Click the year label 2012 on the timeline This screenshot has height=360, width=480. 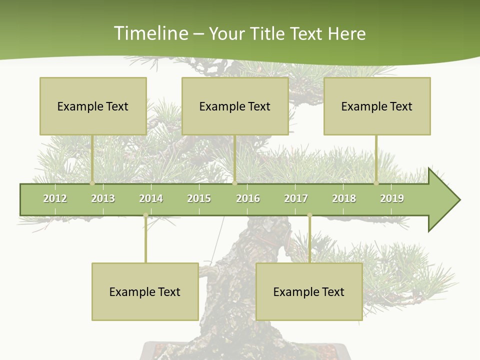click(55, 198)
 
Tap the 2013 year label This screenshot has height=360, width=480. click(103, 198)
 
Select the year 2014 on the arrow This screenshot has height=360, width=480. click(151, 198)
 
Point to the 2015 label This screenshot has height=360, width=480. click(199, 198)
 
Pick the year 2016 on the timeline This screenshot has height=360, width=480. click(248, 198)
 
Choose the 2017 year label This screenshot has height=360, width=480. click(296, 198)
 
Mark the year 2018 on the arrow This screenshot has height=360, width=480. click(344, 198)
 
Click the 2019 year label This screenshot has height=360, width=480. click(392, 198)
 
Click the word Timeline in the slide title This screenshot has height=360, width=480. click(149, 33)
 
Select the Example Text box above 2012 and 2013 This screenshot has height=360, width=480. click(93, 106)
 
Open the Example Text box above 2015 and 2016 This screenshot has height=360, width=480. click(235, 106)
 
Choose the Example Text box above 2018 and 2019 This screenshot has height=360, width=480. click(377, 106)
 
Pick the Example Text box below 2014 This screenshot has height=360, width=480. click(145, 291)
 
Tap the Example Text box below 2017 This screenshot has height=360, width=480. click(309, 291)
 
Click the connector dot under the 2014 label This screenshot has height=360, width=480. click(145, 215)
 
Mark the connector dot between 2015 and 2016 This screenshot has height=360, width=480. click(234, 183)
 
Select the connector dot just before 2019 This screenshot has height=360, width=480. click(376, 183)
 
